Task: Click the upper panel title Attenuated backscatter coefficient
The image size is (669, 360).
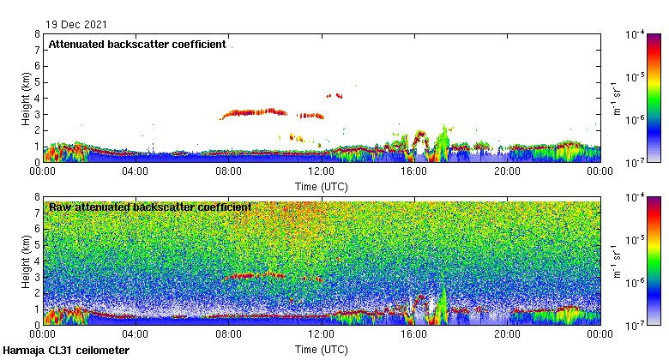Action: [x=137, y=44]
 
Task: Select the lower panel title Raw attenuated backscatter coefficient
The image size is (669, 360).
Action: [x=150, y=207]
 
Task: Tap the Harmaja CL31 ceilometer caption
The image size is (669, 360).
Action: [x=66, y=351]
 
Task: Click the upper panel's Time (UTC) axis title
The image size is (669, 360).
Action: [x=321, y=186]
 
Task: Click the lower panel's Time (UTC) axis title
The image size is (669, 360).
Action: [x=321, y=350]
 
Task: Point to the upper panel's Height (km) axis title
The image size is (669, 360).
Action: [x=26, y=98]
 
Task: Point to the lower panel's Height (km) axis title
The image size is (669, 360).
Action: [x=26, y=261]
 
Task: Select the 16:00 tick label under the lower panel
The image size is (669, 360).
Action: [x=414, y=335]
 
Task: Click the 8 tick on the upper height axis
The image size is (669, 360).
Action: [x=37, y=34]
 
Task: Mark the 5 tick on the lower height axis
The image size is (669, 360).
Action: [x=37, y=245]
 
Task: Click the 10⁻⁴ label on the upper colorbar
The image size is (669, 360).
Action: [x=636, y=35]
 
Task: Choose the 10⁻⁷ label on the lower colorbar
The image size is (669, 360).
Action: [x=636, y=324]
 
